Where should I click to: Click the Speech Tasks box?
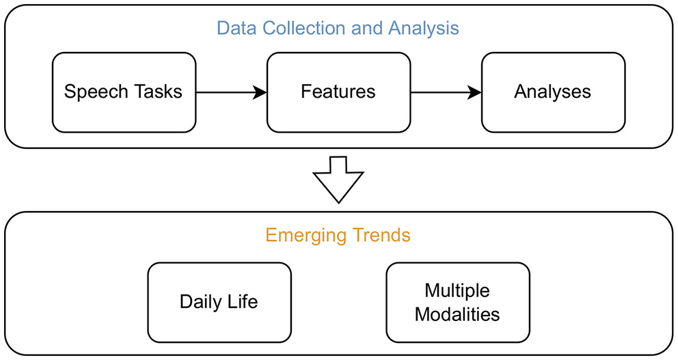point(124,92)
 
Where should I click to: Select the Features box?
point(338,92)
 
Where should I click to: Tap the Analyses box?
point(553,92)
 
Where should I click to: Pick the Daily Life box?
point(219,302)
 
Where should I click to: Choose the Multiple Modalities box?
point(457,302)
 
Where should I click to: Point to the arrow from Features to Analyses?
point(446,92)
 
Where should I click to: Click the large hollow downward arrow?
point(338,180)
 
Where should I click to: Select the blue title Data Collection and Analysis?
point(338,29)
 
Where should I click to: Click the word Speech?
point(93,92)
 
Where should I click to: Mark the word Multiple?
point(457,290)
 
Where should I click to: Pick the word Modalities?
point(457,314)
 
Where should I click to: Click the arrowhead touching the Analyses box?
point(474,92)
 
